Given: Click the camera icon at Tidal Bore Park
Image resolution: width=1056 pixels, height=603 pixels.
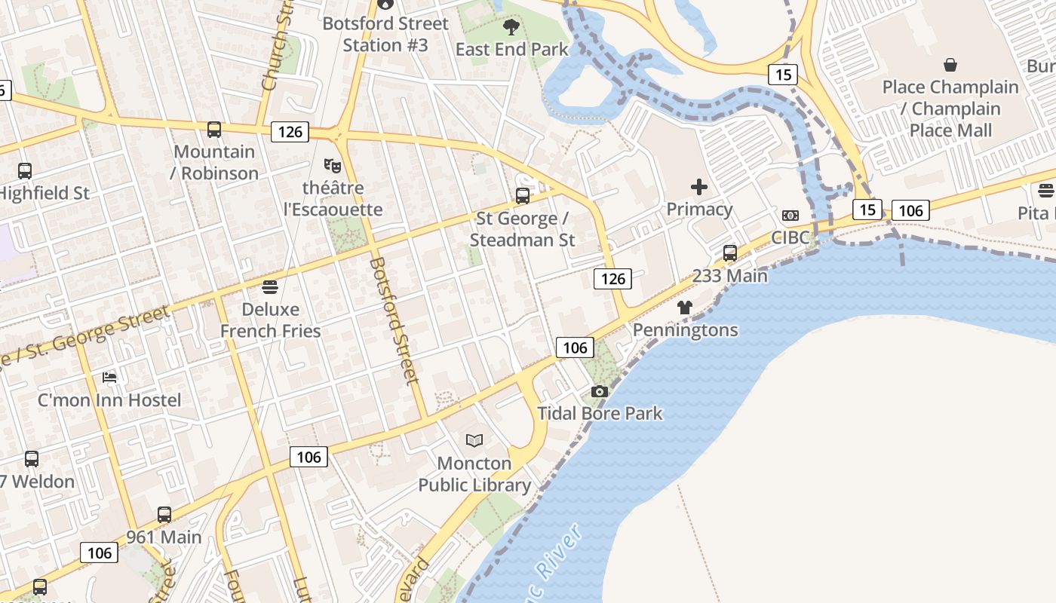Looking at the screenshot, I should pyautogui.click(x=600, y=391).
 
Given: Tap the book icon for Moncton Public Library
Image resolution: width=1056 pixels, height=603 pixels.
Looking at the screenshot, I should pyautogui.click(x=474, y=440).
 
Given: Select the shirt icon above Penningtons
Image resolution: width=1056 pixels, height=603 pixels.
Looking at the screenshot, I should pyautogui.click(x=684, y=308).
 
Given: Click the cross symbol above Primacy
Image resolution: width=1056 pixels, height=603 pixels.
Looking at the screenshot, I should pyautogui.click(x=699, y=187).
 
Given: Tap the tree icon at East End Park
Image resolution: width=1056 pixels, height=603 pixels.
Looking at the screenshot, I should pyautogui.click(x=511, y=28).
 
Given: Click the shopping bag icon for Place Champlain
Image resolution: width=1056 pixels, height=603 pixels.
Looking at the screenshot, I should pyautogui.click(x=950, y=65).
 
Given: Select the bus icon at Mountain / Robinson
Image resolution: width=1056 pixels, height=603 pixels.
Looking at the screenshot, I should pyautogui.click(x=214, y=130).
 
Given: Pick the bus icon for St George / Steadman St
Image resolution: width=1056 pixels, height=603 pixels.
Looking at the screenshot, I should pyautogui.click(x=522, y=196).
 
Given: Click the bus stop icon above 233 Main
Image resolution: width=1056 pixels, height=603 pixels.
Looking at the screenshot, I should pyautogui.click(x=729, y=253).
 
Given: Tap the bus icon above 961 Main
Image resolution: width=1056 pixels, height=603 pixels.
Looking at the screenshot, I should pyautogui.click(x=164, y=515).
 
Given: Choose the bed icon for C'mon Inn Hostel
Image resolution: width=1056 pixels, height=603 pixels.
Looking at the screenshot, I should pyautogui.click(x=109, y=377).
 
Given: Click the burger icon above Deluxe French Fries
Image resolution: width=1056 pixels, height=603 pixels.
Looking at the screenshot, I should pyautogui.click(x=270, y=286).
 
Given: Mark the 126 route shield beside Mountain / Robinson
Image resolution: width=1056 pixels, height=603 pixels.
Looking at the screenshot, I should pyautogui.click(x=290, y=132).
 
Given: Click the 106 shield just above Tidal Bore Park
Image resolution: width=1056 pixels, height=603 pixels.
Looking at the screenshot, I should pyautogui.click(x=575, y=347).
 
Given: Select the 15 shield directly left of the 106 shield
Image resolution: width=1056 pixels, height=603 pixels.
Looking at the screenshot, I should pyautogui.click(x=867, y=210).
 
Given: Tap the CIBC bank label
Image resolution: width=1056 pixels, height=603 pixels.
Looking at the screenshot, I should pyautogui.click(x=790, y=237).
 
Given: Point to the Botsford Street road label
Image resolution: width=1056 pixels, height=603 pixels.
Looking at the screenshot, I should pyautogui.click(x=394, y=321).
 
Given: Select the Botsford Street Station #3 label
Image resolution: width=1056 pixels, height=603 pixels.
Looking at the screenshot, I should pyautogui.click(x=385, y=35).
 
